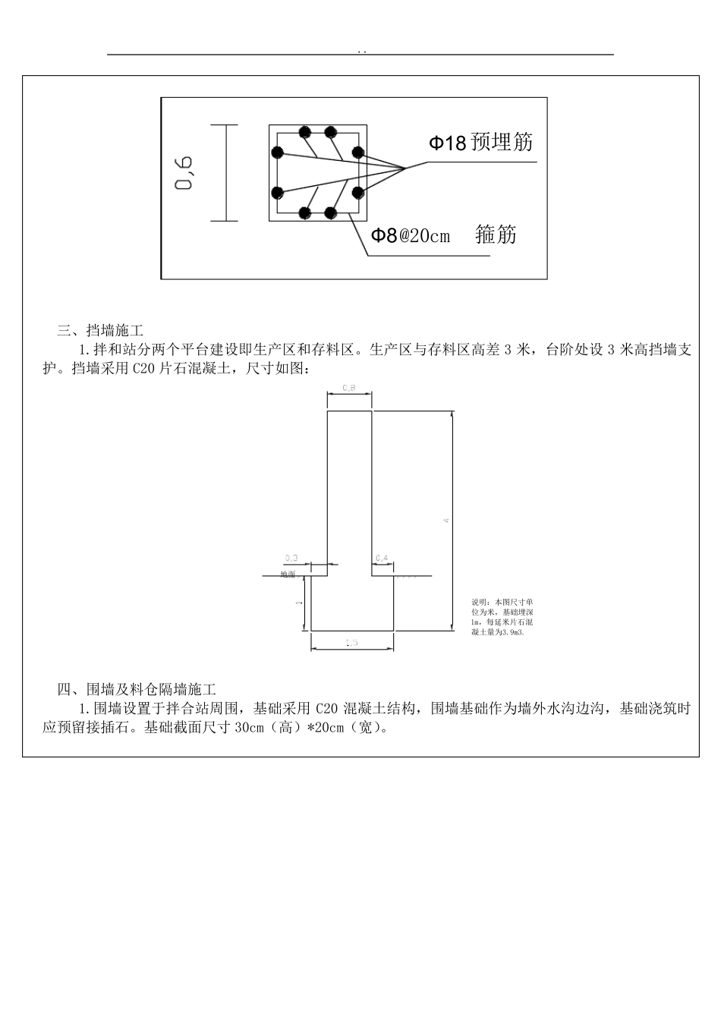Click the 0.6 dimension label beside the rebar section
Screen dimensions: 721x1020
click(184, 173)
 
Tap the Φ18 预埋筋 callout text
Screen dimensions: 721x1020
click(481, 142)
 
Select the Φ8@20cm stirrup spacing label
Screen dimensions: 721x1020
click(410, 235)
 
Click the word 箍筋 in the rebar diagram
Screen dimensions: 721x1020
click(496, 235)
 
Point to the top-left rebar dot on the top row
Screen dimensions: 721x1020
click(304, 132)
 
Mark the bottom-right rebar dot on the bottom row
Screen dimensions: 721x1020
click(331, 213)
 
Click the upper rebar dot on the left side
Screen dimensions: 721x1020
click(278, 153)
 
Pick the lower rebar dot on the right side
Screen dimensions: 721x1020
click(357, 193)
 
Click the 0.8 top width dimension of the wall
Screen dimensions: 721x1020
click(349, 387)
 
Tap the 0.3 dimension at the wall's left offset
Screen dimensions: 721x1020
click(291, 558)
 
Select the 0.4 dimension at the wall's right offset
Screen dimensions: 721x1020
click(382, 558)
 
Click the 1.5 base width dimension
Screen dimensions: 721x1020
click(351, 643)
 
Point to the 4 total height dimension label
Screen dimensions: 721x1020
click(446, 520)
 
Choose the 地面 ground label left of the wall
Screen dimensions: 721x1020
click(288, 575)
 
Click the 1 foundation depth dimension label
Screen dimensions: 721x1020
click(299, 602)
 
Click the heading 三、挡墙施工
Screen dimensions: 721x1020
click(100, 330)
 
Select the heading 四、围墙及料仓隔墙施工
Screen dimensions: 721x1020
click(137, 689)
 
